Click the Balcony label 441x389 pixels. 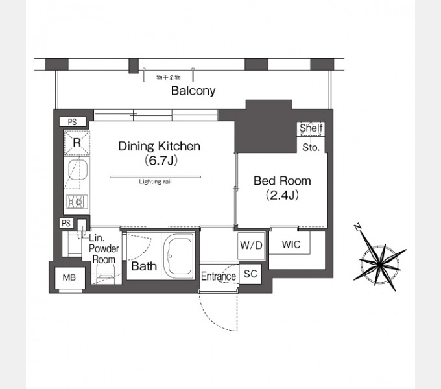point(193,91)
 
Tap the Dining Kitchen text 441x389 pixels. point(159,146)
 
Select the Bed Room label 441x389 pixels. point(282,181)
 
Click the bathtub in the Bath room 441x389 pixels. point(178,256)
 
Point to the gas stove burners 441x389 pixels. point(77,202)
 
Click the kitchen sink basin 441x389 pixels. point(78,169)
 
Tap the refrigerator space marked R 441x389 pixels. point(77,143)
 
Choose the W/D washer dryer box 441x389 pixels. point(251,246)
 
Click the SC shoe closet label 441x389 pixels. point(250,274)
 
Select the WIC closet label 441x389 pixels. point(291,244)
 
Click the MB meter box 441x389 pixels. point(69,277)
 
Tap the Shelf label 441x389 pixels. point(311,128)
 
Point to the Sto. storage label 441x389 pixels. point(311,147)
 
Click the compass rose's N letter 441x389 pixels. point(357,226)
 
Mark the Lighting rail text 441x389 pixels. point(155,182)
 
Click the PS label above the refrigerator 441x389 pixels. point(72,122)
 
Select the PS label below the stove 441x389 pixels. point(66,223)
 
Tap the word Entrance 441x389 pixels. point(219,276)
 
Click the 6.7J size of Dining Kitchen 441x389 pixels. point(161,161)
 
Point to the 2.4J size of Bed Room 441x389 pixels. point(282,195)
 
